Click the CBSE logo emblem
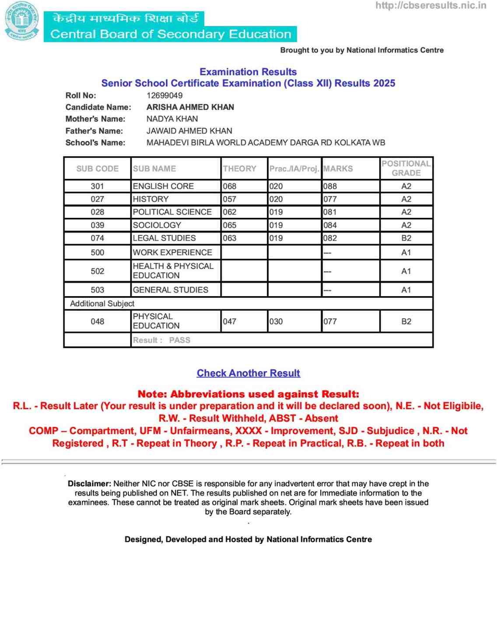(22, 21)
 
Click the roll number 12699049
(164, 95)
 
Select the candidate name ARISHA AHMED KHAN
(190, 107)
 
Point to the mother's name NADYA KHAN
(172, 119)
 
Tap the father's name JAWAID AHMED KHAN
(189, 131)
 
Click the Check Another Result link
(248, 373)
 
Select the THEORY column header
(239, 169)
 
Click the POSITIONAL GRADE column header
(406, 168)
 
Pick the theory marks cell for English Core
(230, 186)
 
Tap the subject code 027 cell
(97, 199)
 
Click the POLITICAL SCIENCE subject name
(172, 212)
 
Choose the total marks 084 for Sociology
(330, 225)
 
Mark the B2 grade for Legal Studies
(406, 238)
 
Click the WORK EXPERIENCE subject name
(172, 252)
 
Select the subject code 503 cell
(97, 290)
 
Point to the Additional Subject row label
(102, 304)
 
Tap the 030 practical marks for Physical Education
(276, 321)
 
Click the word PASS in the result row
(179, 340)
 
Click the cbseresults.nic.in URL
(430, 6)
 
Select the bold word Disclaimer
(89, 484)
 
